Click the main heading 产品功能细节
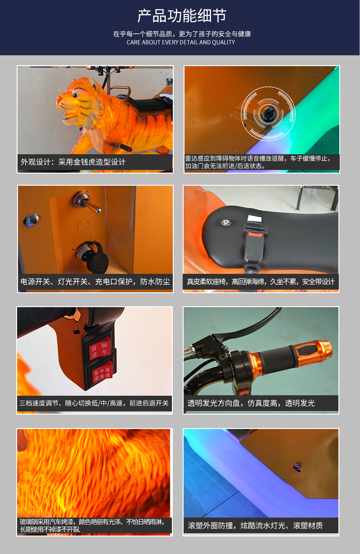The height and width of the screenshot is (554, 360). click(181, 17)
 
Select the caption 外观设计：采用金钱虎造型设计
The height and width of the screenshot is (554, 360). click(73, 162)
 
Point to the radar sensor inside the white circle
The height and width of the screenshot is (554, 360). click(269, 114)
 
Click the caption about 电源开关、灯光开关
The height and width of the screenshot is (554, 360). click(95, 282)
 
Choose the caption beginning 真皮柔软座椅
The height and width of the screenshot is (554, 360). click(261, 282)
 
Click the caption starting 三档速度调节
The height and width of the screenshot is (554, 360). click(94, 403)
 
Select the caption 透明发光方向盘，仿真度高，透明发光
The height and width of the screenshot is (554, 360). click(251, 403)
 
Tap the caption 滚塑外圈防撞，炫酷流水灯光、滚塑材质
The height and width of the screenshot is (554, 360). click(255, 525)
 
